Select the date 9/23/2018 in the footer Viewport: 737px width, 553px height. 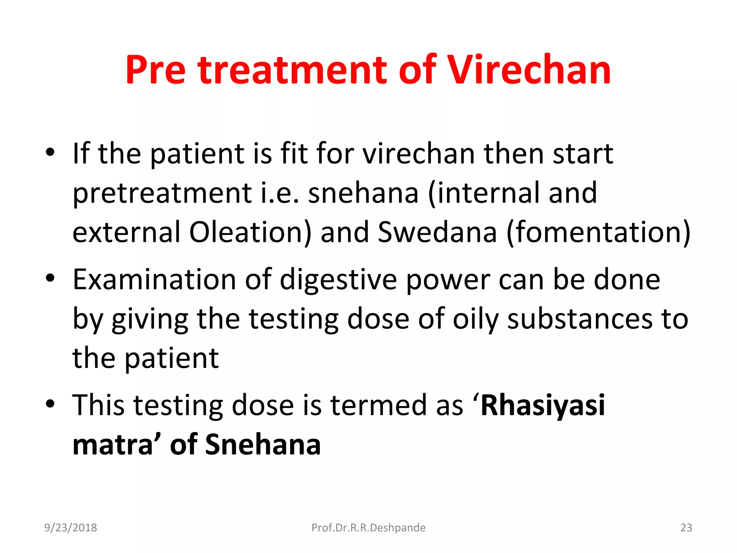point(71,527)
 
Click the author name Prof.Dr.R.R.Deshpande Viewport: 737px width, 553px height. point(368,527)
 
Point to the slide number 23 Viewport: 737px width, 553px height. point(686,527)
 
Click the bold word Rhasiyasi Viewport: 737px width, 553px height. point(543,405)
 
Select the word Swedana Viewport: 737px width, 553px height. point(438,232)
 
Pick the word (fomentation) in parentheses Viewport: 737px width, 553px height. point(598,232)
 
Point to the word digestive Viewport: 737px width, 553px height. point(338,280)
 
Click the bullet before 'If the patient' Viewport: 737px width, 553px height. point(50,152)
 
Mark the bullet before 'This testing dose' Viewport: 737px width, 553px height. point(50,404)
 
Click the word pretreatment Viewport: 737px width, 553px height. point(162,193)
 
